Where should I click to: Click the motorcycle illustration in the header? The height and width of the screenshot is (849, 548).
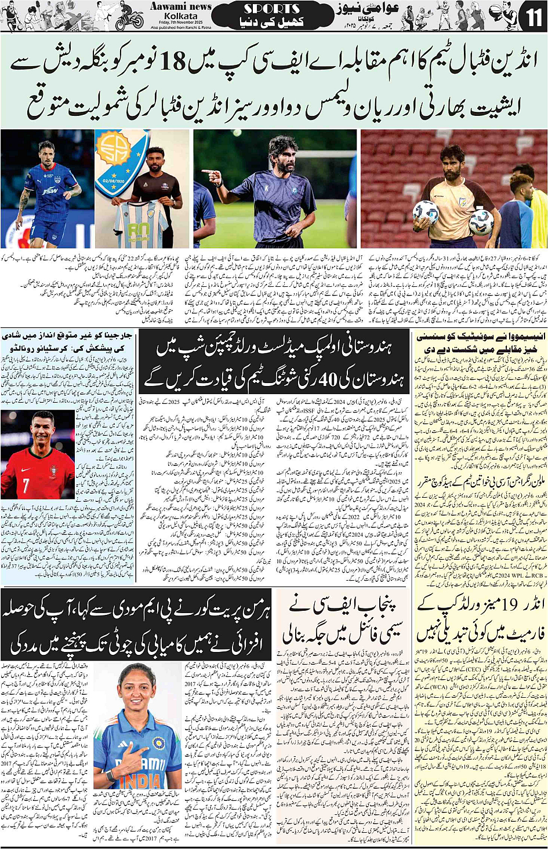pyautogui.click(x=129, y=20)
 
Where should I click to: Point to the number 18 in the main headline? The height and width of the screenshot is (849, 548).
pyautogui.click(x=172, y=61)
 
